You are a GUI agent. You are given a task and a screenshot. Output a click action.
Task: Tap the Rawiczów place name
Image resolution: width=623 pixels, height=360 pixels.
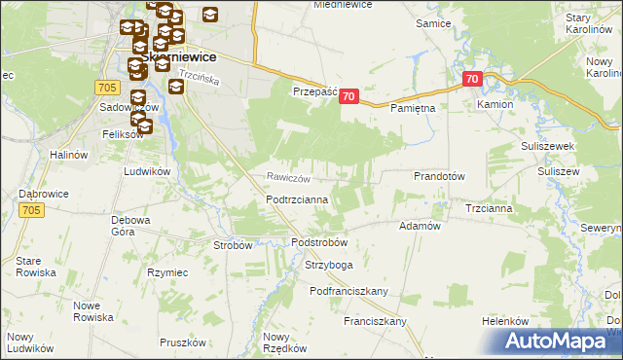pyautogui.click(x=290, y=178)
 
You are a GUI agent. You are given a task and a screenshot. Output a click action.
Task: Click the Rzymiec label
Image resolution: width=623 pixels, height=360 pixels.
pyautogui.click(x=166, y=273)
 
